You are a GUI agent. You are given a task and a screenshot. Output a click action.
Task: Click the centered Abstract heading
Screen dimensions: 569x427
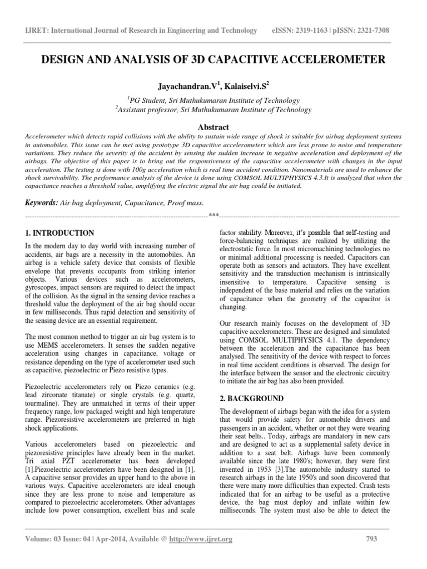point(213,127)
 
